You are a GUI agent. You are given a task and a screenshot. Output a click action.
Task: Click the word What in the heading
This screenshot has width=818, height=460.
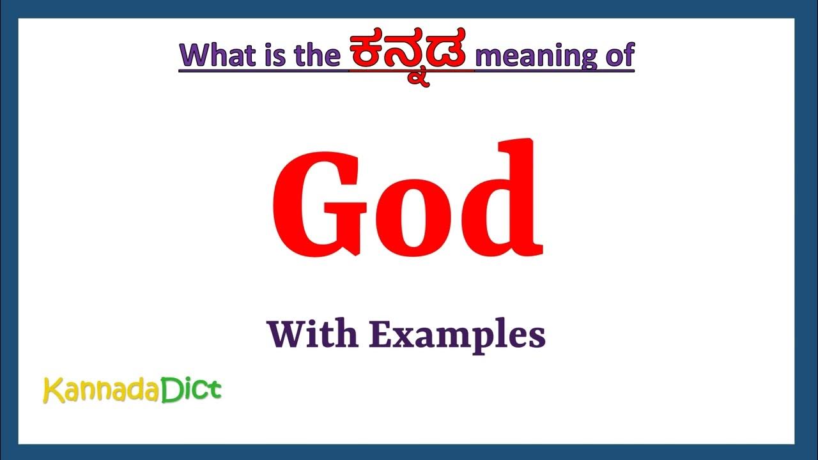pyautogui.click(x=217, y=55)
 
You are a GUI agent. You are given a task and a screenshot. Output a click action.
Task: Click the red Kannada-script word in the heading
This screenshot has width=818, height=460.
pyautogui.click(x=411, y=54)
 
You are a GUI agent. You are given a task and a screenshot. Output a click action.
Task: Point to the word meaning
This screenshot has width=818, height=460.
pyautogui.click(x=537, y=56)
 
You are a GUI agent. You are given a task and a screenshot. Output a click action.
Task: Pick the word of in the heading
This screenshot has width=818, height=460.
pyautogui.click(x=618, y=55)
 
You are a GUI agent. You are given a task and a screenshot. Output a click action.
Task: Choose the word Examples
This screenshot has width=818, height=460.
pyautogui.click(x=456, y=335)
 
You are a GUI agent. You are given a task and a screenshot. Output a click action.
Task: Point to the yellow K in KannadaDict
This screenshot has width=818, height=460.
pyautogui.click(x=52, y=390)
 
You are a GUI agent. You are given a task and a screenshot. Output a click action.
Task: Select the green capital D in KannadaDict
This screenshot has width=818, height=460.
pyautogui.click(x=170, y=389)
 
